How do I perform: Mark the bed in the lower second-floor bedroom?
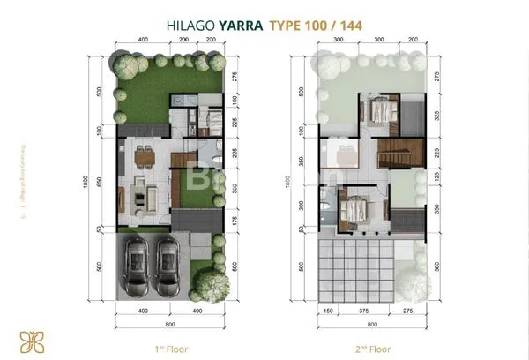[354, 211]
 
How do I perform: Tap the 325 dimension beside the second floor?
[438, 115]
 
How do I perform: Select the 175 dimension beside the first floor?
[235, 221]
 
